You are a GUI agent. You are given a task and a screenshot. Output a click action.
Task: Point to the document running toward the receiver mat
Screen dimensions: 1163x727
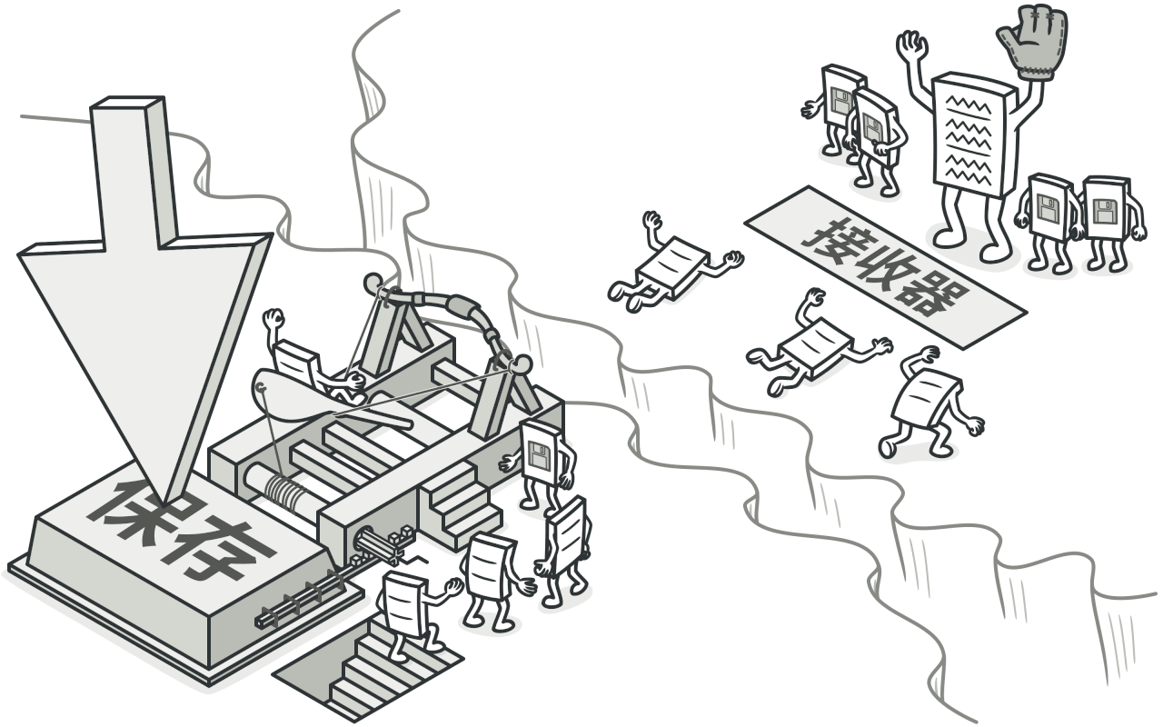(927, 404)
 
